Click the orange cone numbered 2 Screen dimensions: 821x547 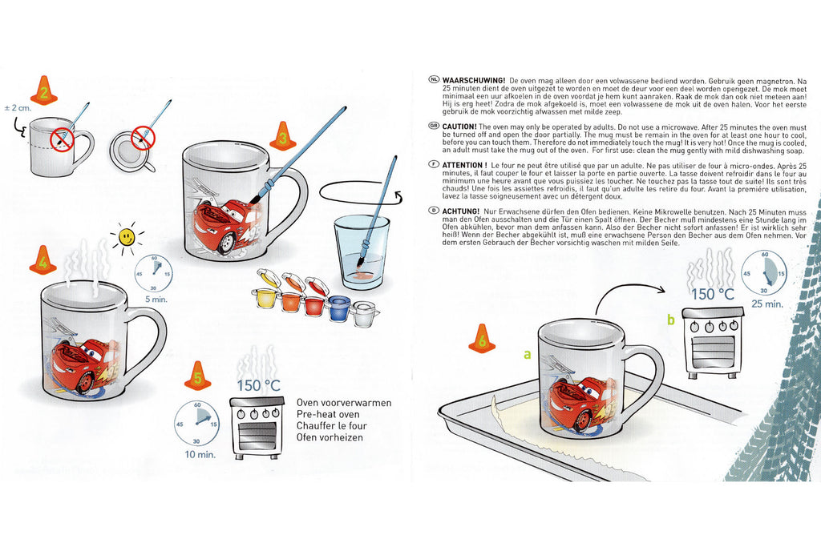44,90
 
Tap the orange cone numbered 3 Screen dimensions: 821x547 283,136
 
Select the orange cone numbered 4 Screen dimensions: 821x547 42,259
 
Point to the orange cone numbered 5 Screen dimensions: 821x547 197,376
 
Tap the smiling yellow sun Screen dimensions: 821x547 127,238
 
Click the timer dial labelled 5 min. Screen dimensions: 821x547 154,274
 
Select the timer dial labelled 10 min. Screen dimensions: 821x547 197,424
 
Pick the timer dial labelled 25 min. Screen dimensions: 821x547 764,273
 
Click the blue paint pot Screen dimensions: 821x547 339,308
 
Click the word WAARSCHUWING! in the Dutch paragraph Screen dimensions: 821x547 473,81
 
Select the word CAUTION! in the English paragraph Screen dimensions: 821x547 459,127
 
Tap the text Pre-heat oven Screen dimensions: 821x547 328,414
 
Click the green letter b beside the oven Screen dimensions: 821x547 671,320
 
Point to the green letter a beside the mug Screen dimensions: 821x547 528,355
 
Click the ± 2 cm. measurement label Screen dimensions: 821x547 18,108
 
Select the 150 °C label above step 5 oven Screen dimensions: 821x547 258,386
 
